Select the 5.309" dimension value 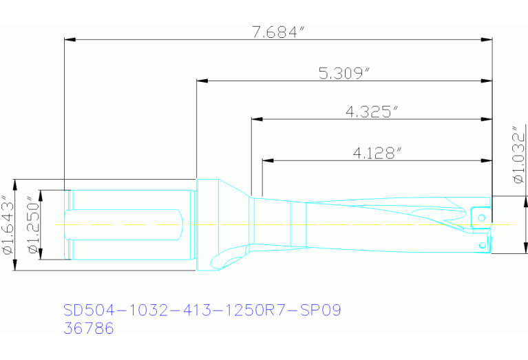pyautogui.click(x=344, y=74)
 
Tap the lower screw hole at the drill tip pyautogui.click(x=483, y=244)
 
